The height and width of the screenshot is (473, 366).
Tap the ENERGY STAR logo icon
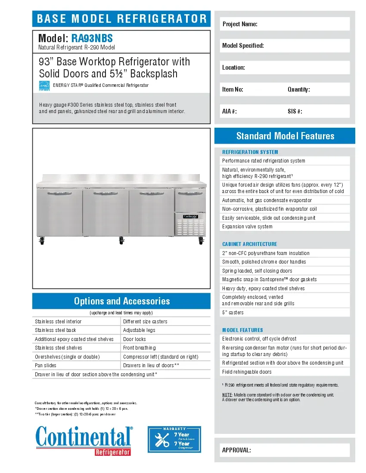coord(44,86)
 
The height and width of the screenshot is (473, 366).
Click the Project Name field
coord(285,24)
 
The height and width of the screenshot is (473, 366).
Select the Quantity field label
coord(298,89)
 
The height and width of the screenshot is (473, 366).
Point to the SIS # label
coord(295,111)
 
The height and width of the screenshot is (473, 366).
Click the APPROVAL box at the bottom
coord(285,450)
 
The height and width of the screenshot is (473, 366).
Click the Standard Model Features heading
coord(285,136)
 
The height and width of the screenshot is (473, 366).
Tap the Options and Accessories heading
coord(121,301)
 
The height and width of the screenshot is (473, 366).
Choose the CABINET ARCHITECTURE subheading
coord(249,244)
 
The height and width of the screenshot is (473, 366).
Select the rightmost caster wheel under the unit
coord(201,242)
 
